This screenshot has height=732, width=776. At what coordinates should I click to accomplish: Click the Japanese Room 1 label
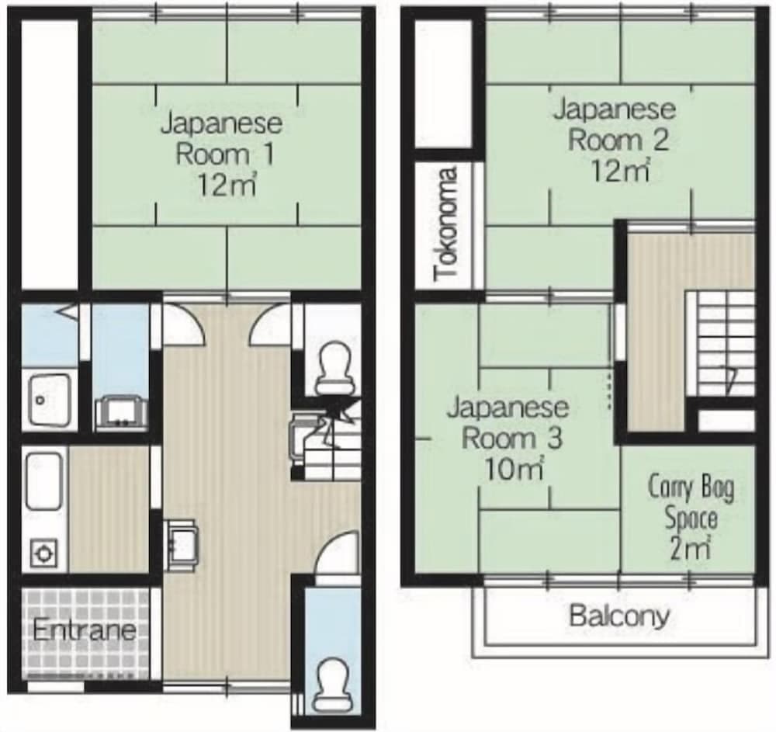[221, 138]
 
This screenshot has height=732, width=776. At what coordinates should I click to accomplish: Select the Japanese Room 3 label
[508, 423]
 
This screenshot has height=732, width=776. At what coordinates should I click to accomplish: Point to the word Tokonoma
[448, 225]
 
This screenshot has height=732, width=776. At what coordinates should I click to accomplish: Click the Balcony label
[618, 616]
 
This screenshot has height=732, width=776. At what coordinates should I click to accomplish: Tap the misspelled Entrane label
[85, 630]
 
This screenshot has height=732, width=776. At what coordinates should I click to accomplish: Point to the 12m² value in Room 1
[226, 186]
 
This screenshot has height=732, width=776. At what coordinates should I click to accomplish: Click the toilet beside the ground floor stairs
[334, 369]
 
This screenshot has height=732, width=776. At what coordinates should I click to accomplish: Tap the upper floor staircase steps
[726, 342]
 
